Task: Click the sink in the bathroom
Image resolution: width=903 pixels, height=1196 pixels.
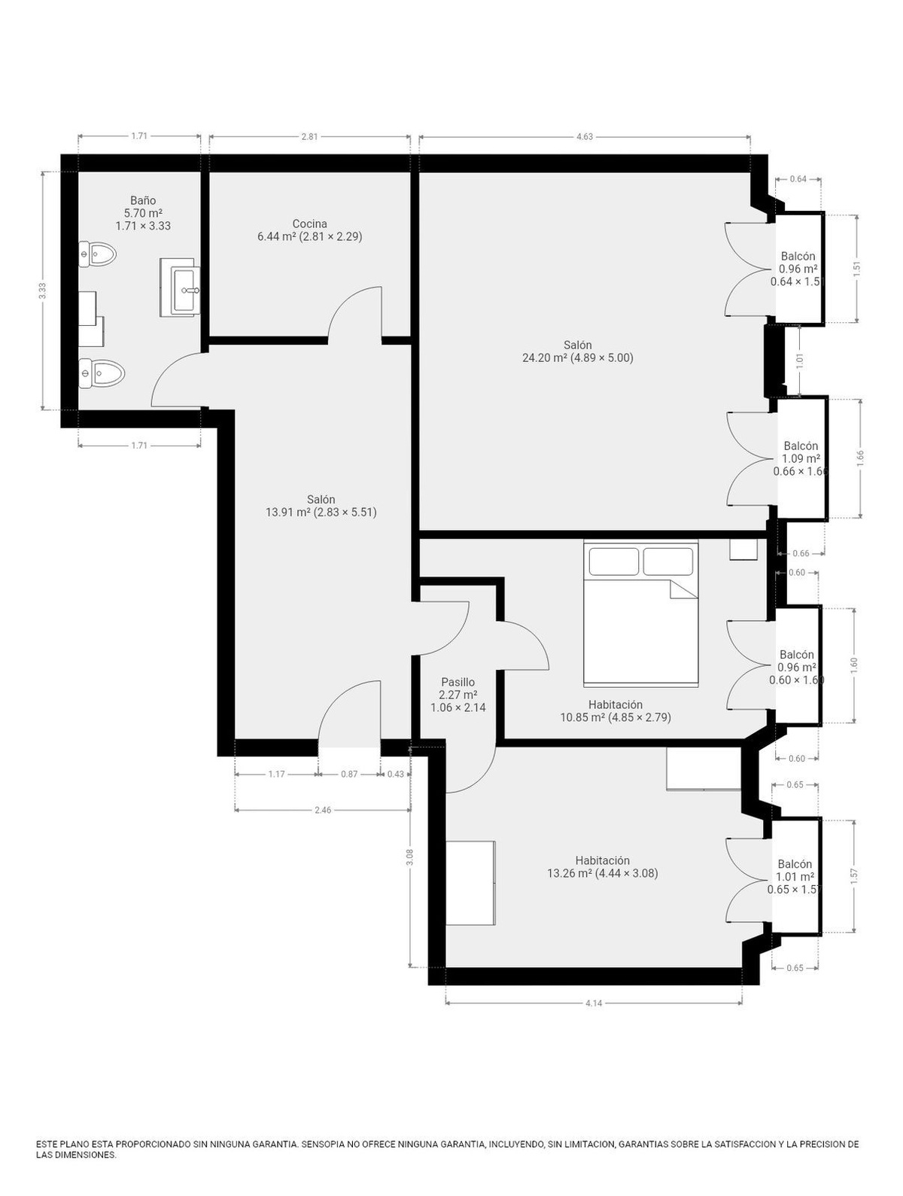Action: click(x=184, y=289)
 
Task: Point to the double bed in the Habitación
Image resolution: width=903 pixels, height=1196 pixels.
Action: click(x=640, y=613)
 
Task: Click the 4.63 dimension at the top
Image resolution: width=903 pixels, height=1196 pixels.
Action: click(x=585, y=137)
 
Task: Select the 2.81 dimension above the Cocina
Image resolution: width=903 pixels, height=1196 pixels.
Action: click(x=309, y=137)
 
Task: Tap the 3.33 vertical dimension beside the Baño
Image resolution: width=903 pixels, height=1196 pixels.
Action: click(x=42, y=293)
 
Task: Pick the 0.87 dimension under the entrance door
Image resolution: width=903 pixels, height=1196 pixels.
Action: click(x=349, y=774)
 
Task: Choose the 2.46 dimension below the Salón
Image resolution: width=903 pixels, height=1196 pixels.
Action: click(x=322, y=810)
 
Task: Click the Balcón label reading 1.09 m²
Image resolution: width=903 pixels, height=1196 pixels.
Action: click(x=801, y=458)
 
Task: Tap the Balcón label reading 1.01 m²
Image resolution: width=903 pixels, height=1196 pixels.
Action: click(x=795, y=877)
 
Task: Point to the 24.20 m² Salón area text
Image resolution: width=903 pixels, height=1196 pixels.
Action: click(x=577, y=358)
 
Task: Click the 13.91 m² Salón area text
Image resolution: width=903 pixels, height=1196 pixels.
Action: click(x=321, y=512)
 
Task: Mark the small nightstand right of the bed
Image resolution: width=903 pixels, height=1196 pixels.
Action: click(x=743, y=549)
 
